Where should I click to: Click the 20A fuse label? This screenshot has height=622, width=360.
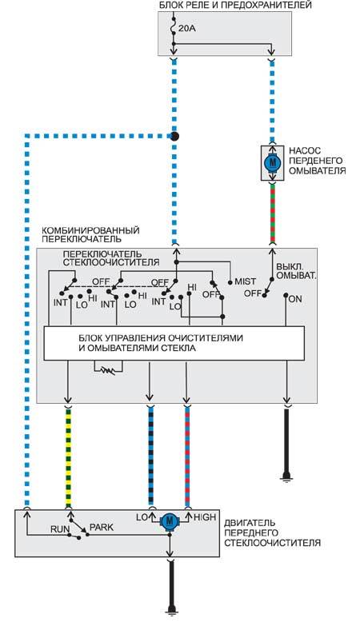187,29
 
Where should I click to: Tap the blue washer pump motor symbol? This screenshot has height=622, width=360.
272,162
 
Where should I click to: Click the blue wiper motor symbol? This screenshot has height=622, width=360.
170,520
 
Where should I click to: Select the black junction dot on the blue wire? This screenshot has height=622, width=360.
174,137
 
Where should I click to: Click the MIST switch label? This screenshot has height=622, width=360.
246,281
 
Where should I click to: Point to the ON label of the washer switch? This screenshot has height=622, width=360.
295,299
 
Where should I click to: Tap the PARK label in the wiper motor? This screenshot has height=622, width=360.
102,528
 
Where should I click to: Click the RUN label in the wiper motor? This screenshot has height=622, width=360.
60,529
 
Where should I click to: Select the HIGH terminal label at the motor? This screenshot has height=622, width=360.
205,517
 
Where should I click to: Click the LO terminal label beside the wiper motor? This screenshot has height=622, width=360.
142,517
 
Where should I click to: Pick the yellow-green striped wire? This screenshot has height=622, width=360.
68,457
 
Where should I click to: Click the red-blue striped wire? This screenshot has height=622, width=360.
187,457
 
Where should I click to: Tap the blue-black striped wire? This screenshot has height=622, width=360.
151,457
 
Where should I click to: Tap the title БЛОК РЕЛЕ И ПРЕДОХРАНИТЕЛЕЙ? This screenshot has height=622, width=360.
235,5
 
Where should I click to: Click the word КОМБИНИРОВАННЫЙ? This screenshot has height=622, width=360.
91,230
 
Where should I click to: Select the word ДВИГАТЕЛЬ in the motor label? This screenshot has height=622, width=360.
250,523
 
